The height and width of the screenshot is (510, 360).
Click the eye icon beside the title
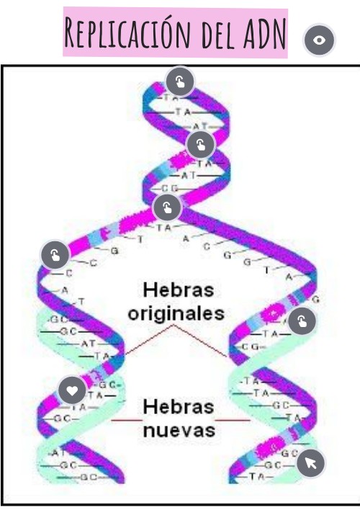coord(320,40)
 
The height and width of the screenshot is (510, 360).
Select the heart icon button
coord(72,391)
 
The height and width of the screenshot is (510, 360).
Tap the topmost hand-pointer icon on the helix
coord(180,81)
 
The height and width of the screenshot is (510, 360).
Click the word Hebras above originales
coord(179,290)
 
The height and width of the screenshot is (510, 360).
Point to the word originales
coord(179,314)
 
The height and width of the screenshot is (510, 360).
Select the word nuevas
coord(179,430)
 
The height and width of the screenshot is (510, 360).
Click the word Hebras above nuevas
coord(179,406)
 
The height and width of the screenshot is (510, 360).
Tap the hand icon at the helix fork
coord(167,209)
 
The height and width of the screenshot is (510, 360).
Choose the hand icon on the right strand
coord(302,321)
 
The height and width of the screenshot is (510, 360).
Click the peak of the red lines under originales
coord(173,326)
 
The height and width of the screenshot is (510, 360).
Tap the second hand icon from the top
coord(200,145)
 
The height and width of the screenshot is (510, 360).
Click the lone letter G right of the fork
coord(228,254)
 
